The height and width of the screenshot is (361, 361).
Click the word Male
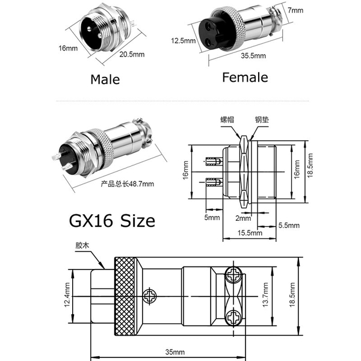(105, 79)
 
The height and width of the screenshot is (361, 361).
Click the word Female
(245, 77)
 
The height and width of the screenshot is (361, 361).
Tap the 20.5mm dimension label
(132, 55)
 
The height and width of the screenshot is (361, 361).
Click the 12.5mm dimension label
(184, 41)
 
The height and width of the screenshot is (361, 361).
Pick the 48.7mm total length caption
(126, 184)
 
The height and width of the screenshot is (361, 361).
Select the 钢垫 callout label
(262, 119)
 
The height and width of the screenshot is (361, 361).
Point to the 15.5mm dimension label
(249, 233)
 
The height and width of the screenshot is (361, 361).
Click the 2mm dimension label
(243, 217)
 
